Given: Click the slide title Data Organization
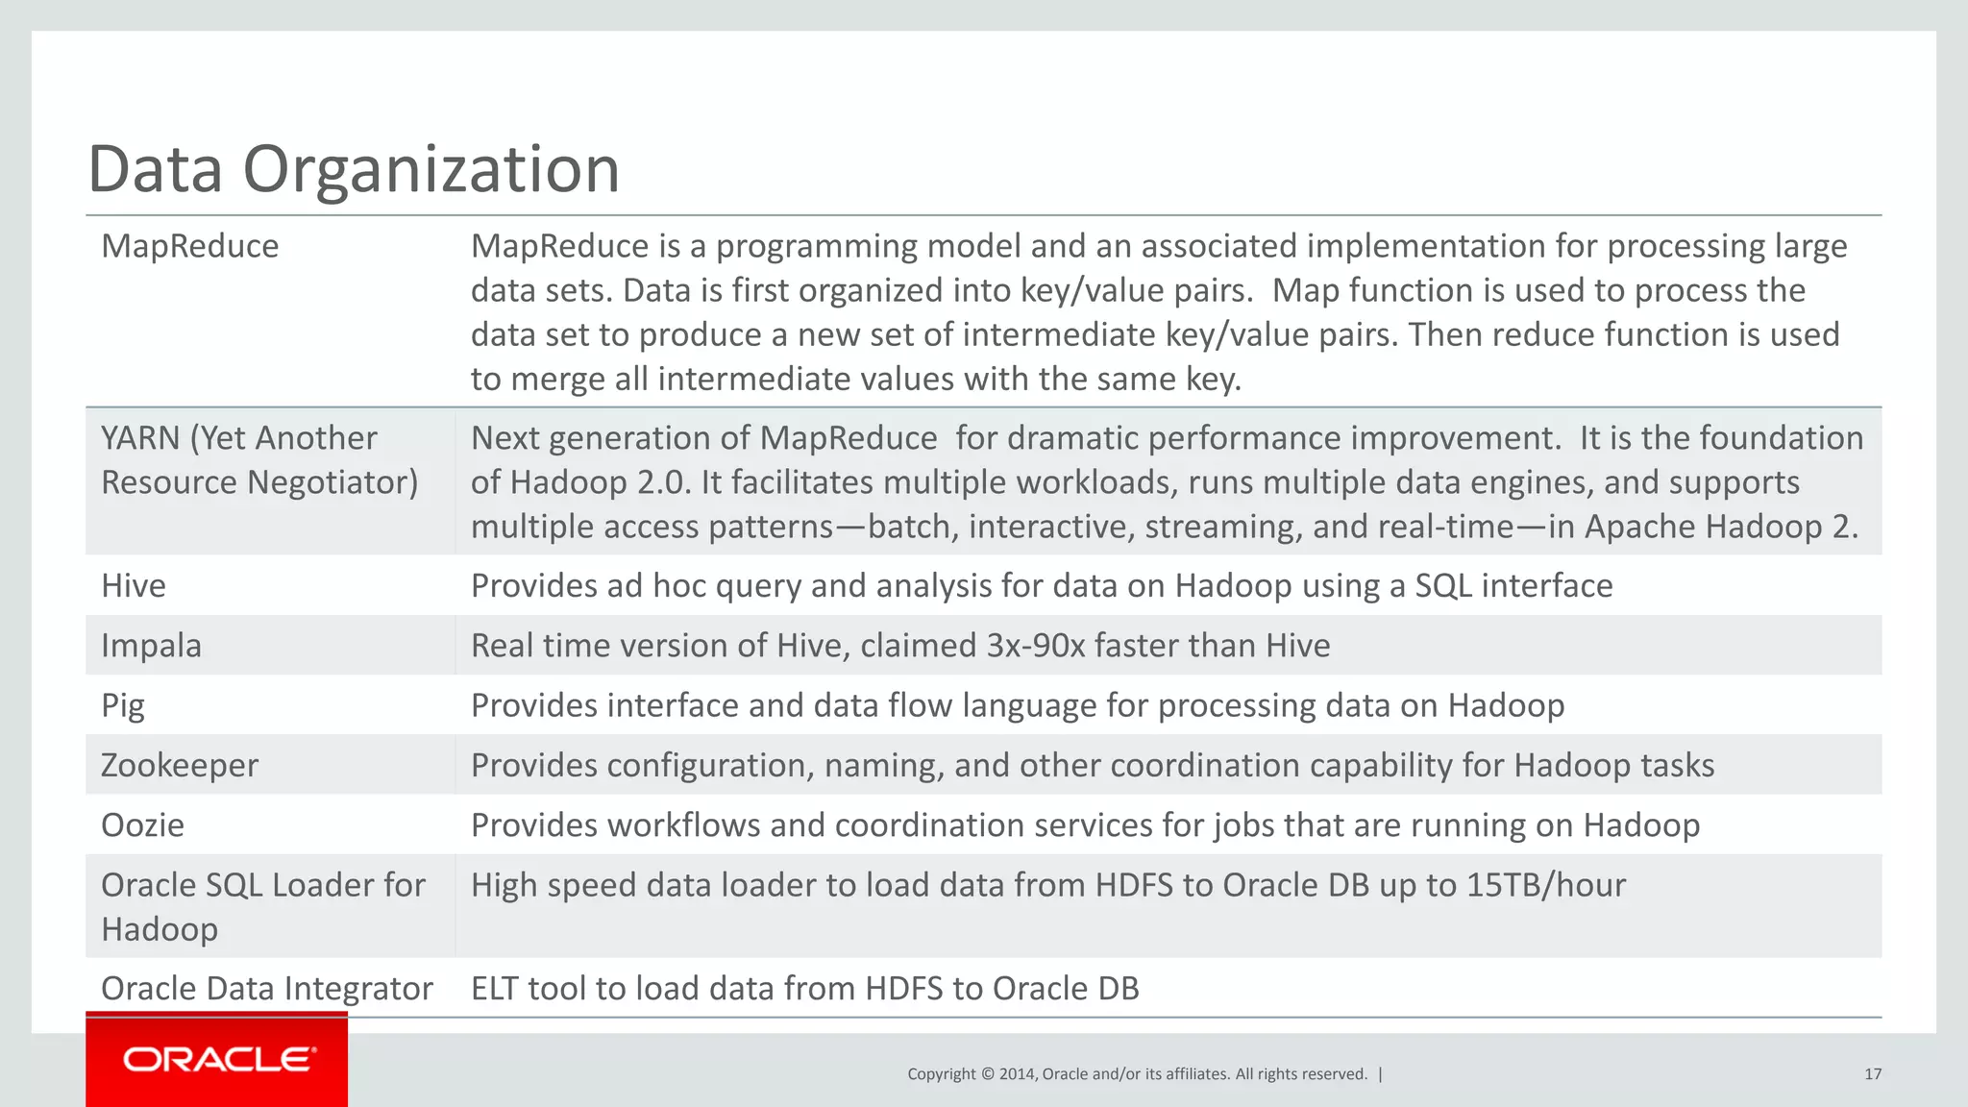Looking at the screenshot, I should (x=354, y=169).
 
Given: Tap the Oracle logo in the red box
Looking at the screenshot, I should (x=218, y=1059).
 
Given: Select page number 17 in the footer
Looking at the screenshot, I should (x=1872, y=1074).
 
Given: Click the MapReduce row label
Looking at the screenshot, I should (x=189, y=247).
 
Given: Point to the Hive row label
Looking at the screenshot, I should (x=133, y=586).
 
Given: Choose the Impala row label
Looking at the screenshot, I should (x=151, y=646).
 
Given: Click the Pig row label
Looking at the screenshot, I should (x=122, y=706).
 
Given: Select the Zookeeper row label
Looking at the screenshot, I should (x=179, y=766).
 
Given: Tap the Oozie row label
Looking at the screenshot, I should (x=142, y=825).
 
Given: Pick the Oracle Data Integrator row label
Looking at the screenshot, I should (x=266, y=989).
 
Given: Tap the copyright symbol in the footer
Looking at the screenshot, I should (x=987, y=1074).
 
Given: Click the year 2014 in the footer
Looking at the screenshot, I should (x=1017, y=1074).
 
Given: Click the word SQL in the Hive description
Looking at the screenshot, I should (x=1442, y=586).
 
